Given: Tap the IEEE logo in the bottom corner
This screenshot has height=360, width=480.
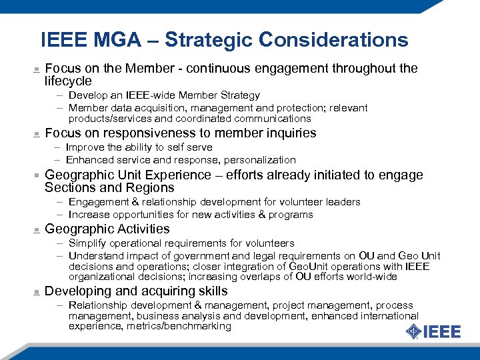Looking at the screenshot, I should pos(433,331).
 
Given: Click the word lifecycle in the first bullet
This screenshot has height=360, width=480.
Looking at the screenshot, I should pos(68,81).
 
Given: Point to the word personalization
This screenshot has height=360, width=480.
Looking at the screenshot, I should pos(260,160).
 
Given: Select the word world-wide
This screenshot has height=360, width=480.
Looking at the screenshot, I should pos(374,277).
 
